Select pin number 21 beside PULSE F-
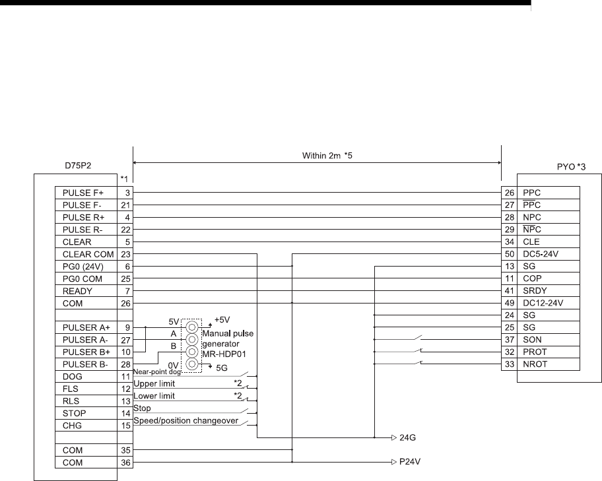(127, 205)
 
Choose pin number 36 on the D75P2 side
(127, 463)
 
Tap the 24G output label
(409, 437)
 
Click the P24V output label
(410, 463)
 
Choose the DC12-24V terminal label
(543, 304)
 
